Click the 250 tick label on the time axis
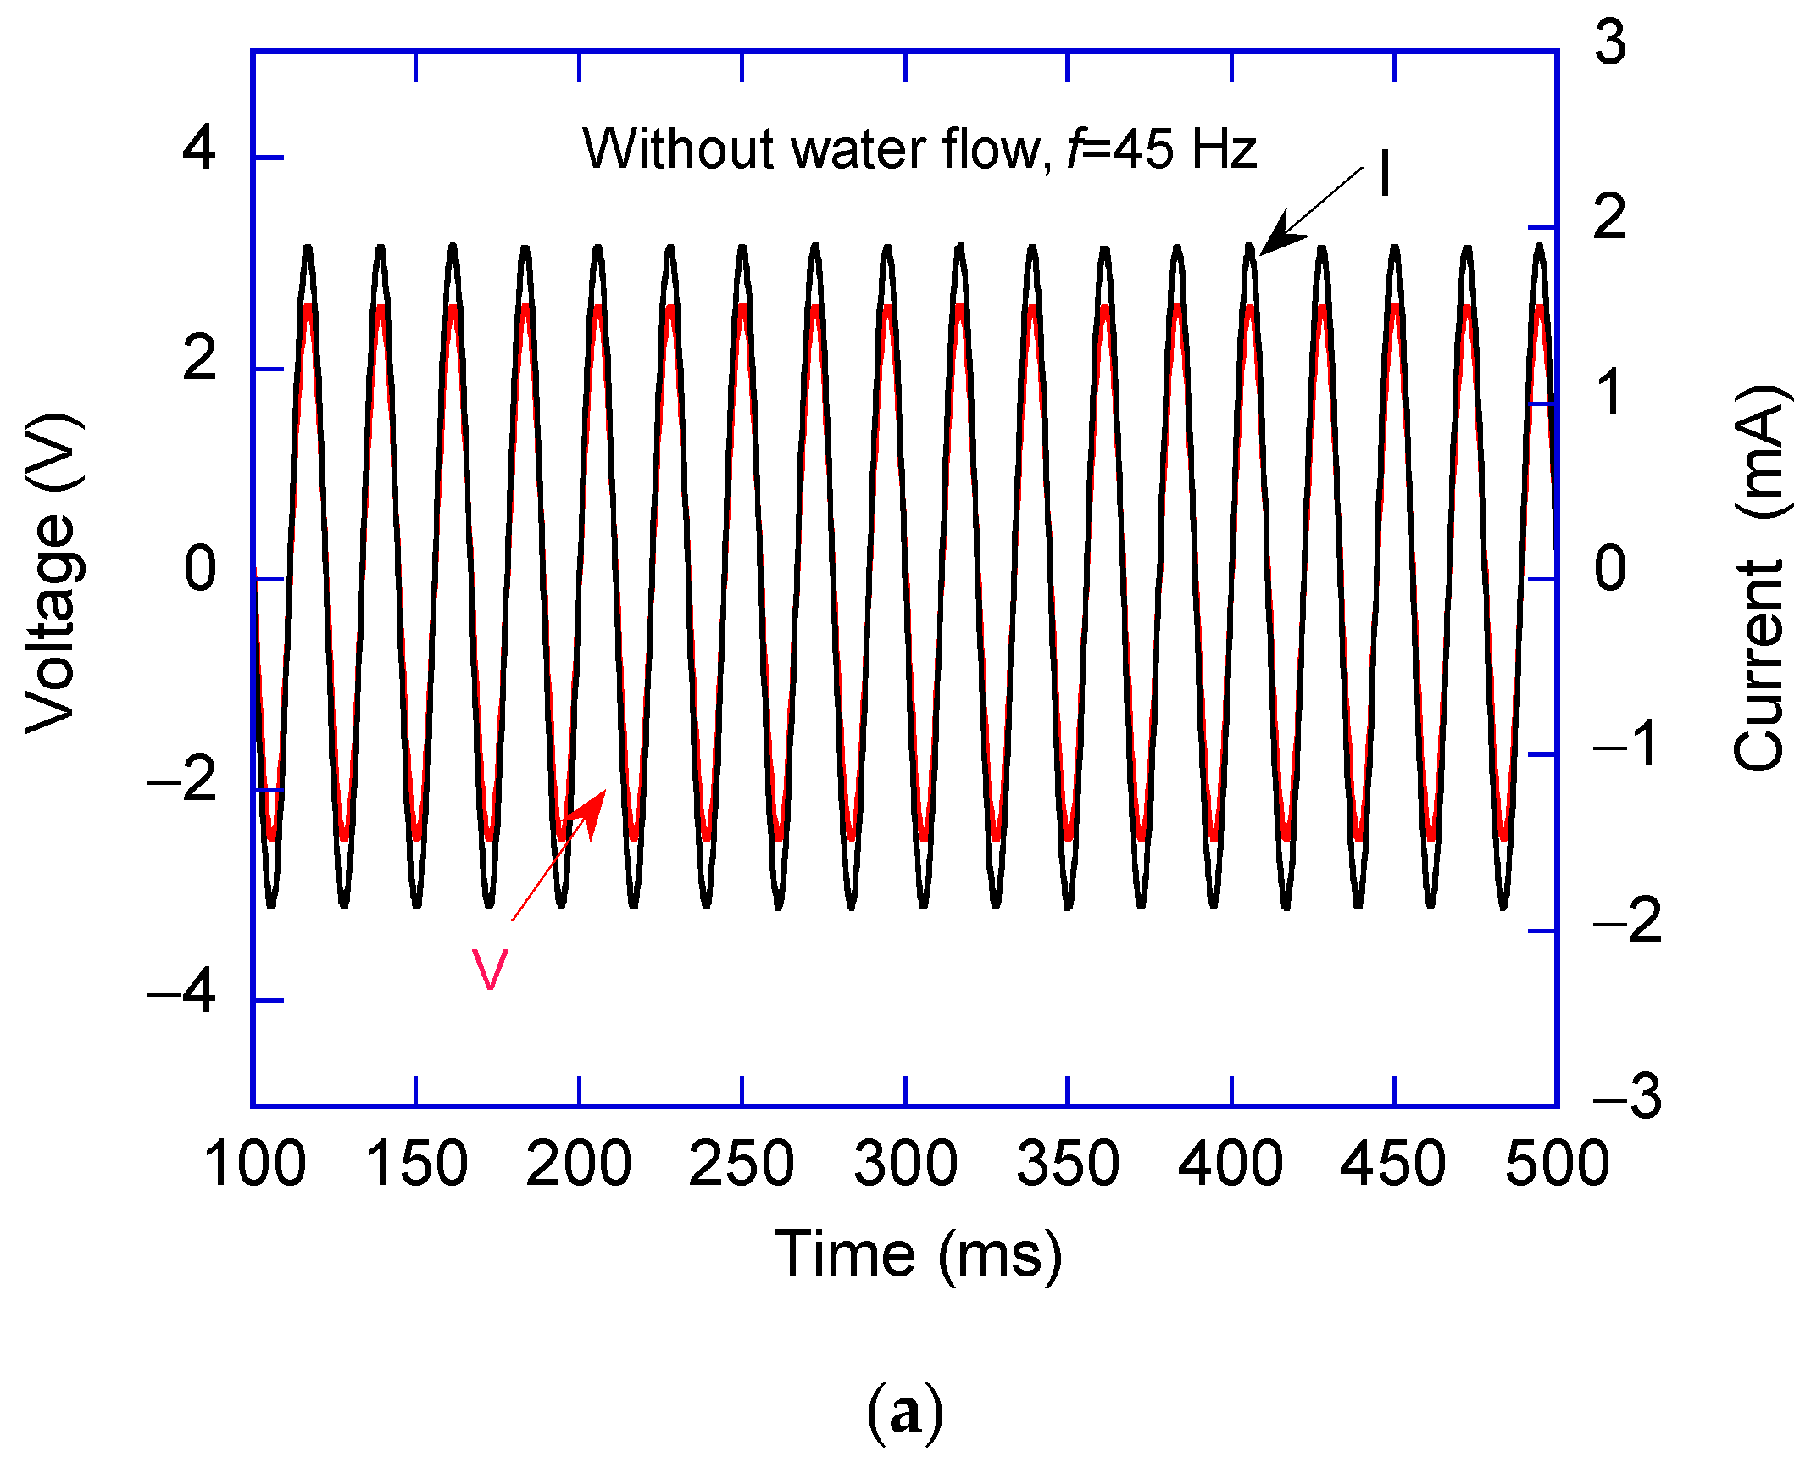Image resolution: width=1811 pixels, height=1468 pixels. [741, 1164]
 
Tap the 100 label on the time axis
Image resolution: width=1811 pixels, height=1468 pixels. [254, 1164]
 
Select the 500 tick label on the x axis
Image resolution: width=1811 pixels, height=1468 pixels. [1557, 1164]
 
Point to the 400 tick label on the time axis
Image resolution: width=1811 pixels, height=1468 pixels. [1230, 1164]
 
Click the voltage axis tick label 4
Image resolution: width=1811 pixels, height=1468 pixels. [199, 148]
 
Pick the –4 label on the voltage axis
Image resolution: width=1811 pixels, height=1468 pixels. [182, 990]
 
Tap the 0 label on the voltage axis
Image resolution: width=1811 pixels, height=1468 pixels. [200, 570]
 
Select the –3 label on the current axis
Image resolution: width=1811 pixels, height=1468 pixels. [1627, 1097]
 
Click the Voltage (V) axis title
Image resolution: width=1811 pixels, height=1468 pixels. [53, 574]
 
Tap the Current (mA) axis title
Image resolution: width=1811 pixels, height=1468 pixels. [1761, 578]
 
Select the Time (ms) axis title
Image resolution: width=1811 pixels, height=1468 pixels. [918, 1255]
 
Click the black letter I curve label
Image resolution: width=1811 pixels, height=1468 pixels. [1384, 174]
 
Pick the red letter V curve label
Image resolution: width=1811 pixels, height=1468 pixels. [490, 970]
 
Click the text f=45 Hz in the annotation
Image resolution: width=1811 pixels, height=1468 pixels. [1161, 149]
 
